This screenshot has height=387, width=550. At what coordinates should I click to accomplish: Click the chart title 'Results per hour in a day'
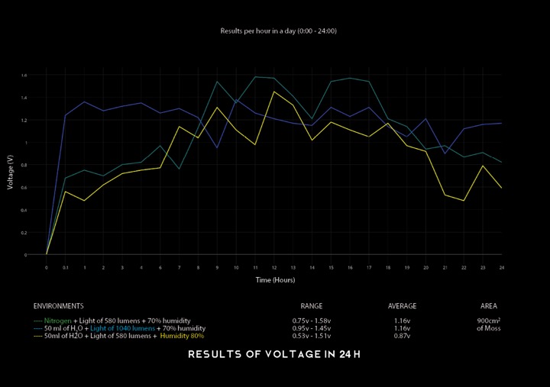pos(278,31)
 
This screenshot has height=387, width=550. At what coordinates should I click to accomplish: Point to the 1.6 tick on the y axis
pos(24,76)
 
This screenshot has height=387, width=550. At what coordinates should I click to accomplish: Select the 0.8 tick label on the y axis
pos(24,165)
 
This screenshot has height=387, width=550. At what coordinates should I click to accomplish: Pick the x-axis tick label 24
pos(501,268)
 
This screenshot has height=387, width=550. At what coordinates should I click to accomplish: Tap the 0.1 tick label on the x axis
pos(66,268)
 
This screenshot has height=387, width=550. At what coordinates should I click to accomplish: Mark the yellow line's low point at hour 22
pos(464,201)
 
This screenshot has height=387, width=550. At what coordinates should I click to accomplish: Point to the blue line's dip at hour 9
pos(217,148)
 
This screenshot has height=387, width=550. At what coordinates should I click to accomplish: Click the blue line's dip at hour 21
pos(445,153)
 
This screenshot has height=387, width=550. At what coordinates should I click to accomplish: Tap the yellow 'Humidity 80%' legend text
pos(181,336)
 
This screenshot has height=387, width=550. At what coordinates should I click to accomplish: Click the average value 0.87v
pos(402,336)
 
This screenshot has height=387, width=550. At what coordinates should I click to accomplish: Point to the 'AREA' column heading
pos(489,306)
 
